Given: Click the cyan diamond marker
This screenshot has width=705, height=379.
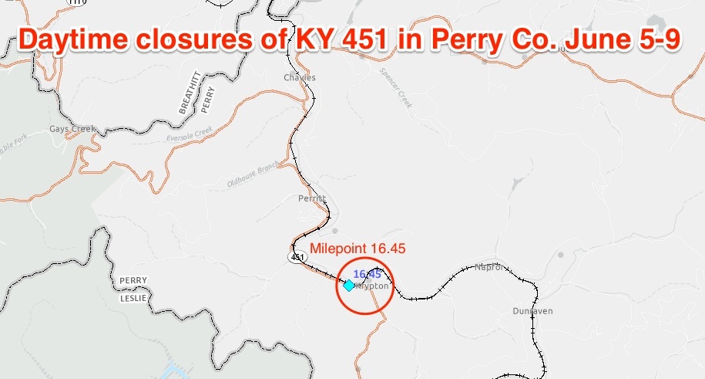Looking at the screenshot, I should point(348,286).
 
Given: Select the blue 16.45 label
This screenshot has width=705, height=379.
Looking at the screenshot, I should point(367,274).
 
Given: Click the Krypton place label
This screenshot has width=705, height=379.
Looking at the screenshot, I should point(371,286).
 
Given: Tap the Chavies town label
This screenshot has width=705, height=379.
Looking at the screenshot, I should point(300,78).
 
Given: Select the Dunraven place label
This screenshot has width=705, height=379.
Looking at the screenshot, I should point(532,311).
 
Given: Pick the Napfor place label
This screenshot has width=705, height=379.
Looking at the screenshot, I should point(490,268).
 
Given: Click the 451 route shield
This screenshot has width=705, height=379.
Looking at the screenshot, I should point(297,257).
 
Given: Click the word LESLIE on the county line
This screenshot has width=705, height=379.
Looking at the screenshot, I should point(133,297).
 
